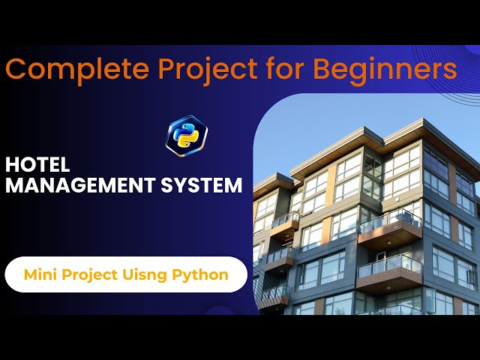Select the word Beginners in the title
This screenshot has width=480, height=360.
(x=385, y=70)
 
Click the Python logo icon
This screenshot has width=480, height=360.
(x=186, y=135)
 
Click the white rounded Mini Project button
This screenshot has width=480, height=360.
(x=126, y=274)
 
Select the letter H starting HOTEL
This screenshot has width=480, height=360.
(x=11, y=165)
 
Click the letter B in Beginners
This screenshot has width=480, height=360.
(x=322, y=70)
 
